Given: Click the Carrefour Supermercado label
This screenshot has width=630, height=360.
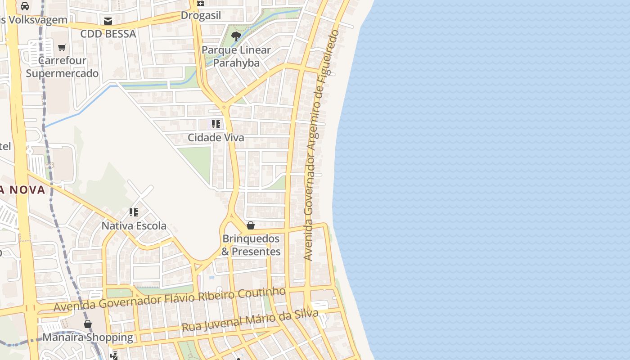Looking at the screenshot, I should coord(62,67).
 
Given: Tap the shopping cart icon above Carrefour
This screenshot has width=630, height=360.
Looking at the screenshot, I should coord(62,47).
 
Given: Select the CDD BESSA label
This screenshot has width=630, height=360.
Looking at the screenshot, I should coord(108,34).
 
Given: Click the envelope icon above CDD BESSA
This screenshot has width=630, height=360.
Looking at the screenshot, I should coord(108,21).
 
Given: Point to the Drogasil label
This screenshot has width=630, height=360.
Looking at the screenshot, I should coord(201,15).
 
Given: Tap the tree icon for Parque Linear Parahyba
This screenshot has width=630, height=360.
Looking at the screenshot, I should coord(236,36).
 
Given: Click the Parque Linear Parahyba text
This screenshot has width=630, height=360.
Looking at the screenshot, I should coord(236,56).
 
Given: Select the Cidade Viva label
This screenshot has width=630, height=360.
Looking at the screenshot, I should coord(216,138).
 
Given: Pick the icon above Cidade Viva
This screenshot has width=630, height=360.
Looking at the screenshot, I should coord(216,124).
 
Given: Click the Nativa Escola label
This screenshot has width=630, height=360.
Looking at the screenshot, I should coord(134,225).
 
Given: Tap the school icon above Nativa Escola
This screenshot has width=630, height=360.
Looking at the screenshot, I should coord(134,212).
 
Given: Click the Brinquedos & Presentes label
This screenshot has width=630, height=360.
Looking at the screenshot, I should coord(251,245).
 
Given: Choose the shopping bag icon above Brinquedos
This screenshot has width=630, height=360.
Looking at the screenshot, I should coord(251,225).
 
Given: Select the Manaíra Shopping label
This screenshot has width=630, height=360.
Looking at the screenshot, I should coord(88,337).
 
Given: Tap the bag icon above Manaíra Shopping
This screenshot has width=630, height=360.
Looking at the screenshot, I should coord(88,324).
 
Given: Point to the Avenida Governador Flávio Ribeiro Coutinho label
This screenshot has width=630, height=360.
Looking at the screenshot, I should coord(170,299).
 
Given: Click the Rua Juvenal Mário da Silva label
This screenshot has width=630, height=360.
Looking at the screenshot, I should coord(250,320).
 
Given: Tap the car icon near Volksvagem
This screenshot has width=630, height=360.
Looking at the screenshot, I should coord(25,6).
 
